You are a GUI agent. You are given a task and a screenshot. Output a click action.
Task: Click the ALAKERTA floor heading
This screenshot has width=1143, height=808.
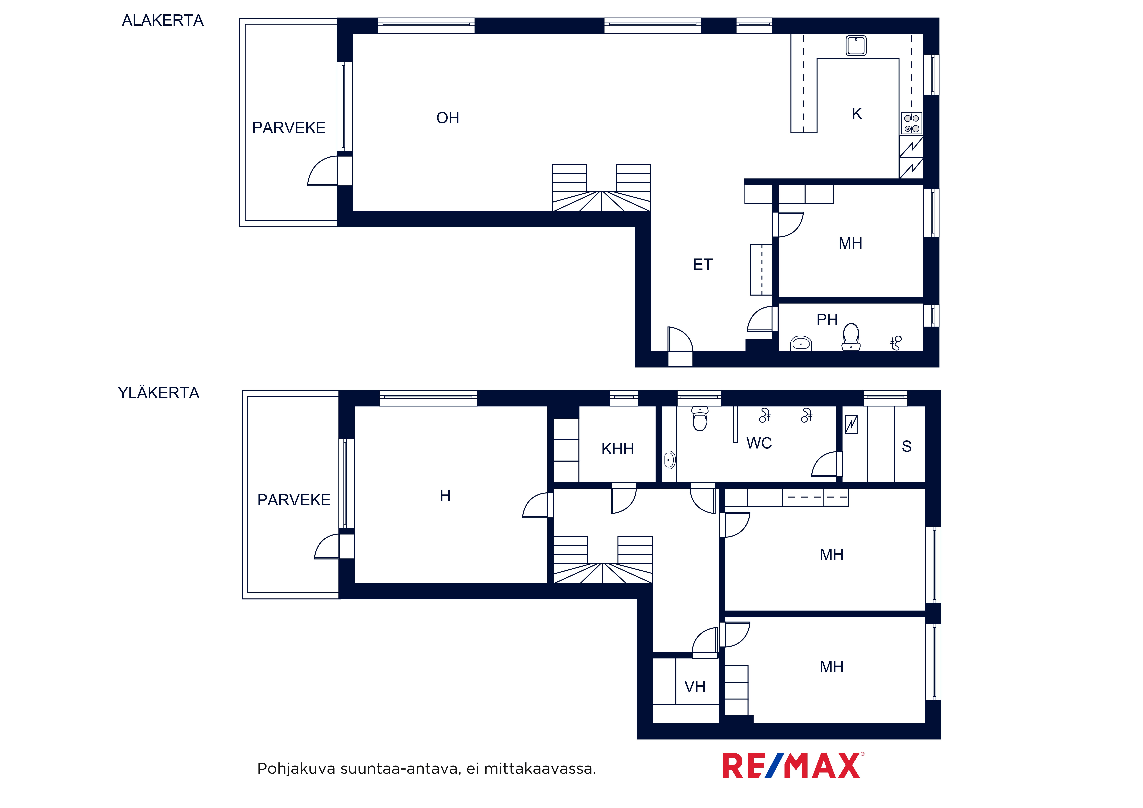(x=163, y=20)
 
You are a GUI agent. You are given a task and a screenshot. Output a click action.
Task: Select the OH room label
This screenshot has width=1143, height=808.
(x=447, y=118)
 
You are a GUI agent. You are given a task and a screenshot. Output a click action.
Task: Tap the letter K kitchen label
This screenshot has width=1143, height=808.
(x=857, y=114)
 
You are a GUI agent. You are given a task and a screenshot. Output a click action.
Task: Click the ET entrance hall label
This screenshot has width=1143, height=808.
(x=702, y=264)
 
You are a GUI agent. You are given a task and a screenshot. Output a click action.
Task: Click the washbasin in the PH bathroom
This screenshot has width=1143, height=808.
(x=801, y=344)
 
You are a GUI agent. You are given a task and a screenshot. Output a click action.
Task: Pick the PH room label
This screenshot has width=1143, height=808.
(x=827, y=320)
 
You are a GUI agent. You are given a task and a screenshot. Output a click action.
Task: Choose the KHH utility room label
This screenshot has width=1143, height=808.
(x=617, y=449)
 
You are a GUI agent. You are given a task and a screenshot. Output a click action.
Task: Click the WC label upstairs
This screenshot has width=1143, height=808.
(x=759, y=443)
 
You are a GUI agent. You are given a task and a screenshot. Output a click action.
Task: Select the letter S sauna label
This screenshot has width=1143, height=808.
(x=907, y=447)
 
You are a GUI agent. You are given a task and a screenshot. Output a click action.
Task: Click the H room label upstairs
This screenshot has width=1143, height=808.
(x=445, y=496)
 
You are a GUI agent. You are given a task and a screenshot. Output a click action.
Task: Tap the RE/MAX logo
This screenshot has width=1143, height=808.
(x=793, y=766)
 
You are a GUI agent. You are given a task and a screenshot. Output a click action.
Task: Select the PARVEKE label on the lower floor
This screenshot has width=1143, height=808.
(x=289, y=128)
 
